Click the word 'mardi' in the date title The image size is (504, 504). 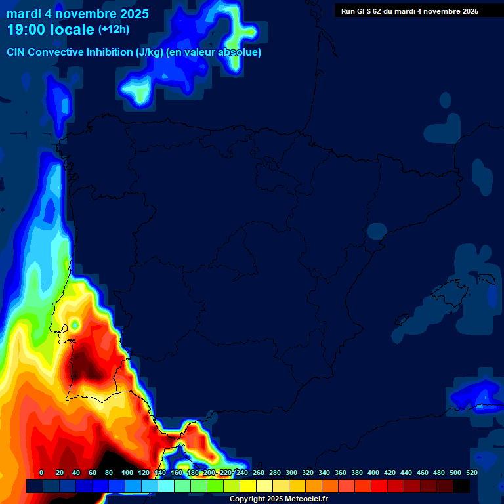click(x=24, y=14)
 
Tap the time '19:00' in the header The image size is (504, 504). click(x=26, y=30)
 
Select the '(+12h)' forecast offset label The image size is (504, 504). click(x=114, y=30)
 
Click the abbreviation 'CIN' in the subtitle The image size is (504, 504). click(x=16, y=52)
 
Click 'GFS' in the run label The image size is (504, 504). click(x=367, y=11)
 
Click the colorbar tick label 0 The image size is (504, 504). click(x=41, y=472)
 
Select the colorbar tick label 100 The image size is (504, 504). click(x=127, y=472)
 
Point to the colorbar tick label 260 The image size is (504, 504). click(x=258, y=472)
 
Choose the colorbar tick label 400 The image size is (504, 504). click(x=373, y=472)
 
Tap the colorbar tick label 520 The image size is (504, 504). click(x=471, y=472)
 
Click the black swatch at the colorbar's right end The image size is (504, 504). click(x=461, y=486)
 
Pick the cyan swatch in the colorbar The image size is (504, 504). click(x=166, y=486)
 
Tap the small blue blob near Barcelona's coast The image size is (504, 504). click(x=377, y=230)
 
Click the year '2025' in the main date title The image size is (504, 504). click(x=129, y=14)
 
